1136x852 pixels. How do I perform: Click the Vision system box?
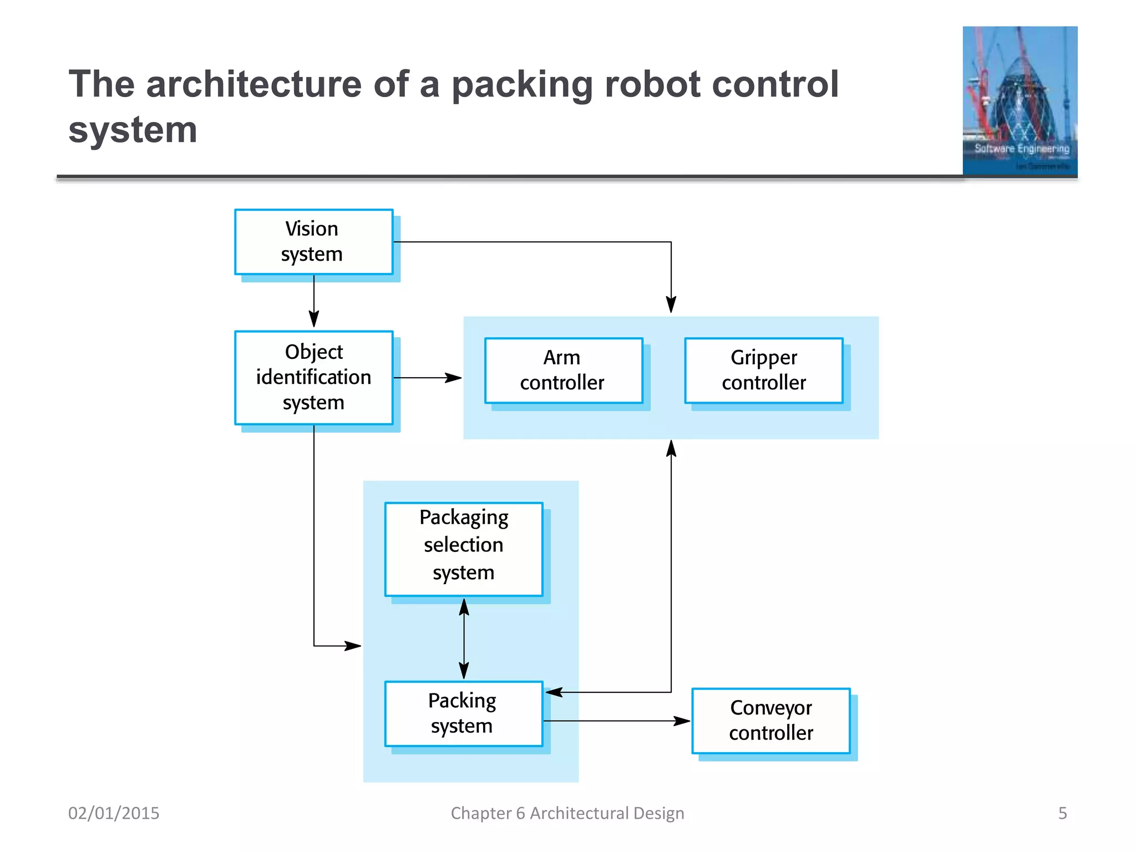coord(313,242)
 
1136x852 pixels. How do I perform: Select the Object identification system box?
coord(313,378)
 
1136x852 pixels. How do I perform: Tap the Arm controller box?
coord(563,371)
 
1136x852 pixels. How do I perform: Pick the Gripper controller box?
coord(763,371)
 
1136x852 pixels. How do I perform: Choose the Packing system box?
coord(463,713)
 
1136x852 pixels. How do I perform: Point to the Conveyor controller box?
coord(770,721)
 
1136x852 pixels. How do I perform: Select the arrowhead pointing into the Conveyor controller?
coord(682,721)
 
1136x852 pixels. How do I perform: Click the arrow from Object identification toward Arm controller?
coord(427,378)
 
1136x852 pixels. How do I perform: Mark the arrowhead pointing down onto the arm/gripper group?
coord(671,305)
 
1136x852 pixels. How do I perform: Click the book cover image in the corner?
coord(1020,101)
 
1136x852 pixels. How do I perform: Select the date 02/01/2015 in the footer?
coord(114,813)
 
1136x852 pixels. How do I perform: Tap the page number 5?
coord(1062,813)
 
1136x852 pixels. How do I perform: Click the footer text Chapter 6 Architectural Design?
coord(567,813)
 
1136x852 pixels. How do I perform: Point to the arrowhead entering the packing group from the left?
coord(353,646)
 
